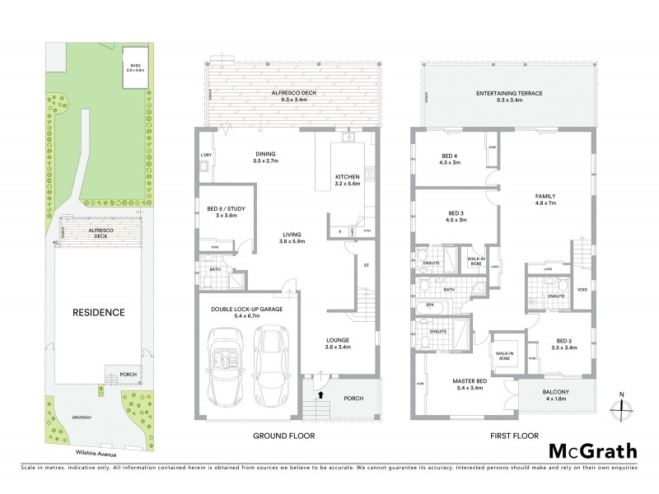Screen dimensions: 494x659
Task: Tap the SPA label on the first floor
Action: click(x=419, y=304)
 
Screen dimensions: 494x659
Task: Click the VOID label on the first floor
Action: click(x=582, y=289)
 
